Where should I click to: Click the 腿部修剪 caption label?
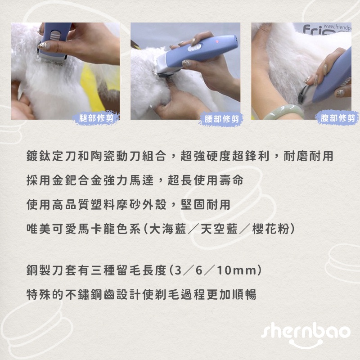click(96, 118)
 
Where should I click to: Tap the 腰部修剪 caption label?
click(221, 119)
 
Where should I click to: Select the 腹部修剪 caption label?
click(337, 118)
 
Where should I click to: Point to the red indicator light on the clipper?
click(217, 42)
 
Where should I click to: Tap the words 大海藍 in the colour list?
click(167, 229)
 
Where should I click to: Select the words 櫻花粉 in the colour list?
click(270, 229)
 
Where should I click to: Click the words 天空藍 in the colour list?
click(219, 229)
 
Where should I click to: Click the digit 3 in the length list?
click(178, 270)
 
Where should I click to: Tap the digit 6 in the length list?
click(199, 270)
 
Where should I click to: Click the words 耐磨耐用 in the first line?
click(308, 156)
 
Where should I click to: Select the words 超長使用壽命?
click(206, 180)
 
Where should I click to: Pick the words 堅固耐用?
click(206, 204)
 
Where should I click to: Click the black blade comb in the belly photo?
click(302, 94)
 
